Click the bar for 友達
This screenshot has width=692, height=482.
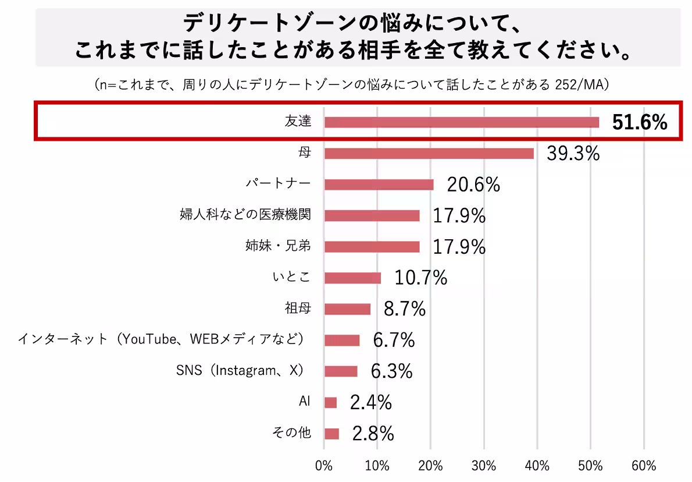point(462,122)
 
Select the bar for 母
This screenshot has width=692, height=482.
point(429,153)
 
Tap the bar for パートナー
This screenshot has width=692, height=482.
point(379,185)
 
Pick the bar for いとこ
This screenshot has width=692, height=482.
point(353,278)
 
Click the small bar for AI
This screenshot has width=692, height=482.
point(331,402)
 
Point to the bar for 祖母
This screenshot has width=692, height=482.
point(348,309)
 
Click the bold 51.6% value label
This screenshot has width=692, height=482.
point(640,122)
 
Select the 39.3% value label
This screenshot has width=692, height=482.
point(573,154)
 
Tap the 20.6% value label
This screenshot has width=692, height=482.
point(473,185)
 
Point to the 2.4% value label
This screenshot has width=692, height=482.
point(370,402)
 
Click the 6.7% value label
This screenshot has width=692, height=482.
point(394,340)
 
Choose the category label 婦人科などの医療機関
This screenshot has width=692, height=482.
point(245,215)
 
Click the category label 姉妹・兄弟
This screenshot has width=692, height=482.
point(278,246)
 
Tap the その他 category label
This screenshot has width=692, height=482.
point(291,433)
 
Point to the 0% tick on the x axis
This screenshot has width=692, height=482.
point(324,466)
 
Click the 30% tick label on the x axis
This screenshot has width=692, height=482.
point(484,466)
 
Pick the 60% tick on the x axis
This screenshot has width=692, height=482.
point(644,466)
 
